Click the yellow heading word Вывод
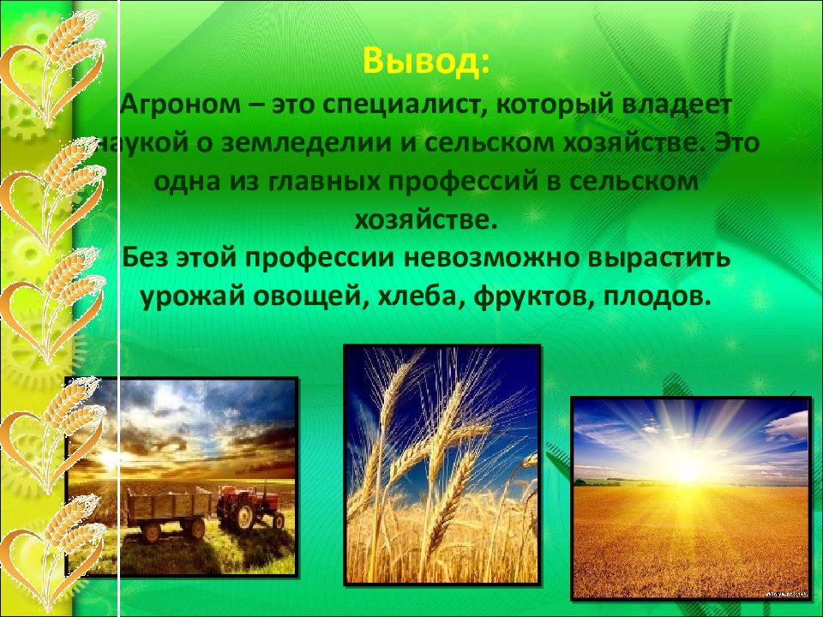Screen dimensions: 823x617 421,61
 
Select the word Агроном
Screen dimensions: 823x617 181,105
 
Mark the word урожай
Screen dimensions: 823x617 192,297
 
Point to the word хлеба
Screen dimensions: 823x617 421,297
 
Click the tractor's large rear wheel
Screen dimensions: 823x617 244,517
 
